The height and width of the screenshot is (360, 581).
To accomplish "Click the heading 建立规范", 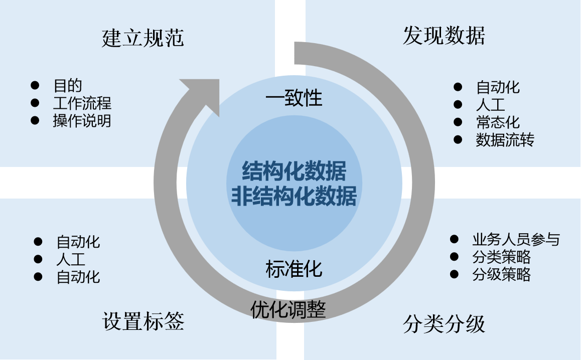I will [143, 38].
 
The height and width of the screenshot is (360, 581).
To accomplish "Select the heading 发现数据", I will [444, 36].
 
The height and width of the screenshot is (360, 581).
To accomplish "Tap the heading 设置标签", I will [143, 321].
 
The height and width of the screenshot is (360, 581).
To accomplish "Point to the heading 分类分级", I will [444, 324].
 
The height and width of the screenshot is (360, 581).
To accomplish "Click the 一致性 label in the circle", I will [294, 98].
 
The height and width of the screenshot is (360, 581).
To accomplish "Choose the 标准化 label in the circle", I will [294, 269].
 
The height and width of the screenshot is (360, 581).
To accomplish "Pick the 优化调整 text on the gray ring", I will [288, 309].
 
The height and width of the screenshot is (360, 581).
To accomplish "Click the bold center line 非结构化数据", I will [294, 197].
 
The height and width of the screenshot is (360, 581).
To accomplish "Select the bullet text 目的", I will [68, 86].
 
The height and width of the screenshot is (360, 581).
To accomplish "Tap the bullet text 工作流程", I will [82, 103].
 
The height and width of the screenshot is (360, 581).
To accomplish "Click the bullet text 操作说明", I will [82, 121].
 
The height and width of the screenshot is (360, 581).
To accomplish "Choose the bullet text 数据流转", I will [505, 139].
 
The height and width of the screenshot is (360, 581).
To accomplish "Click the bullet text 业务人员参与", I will [516, 239].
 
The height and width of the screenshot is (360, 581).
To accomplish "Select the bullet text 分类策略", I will [501, 257].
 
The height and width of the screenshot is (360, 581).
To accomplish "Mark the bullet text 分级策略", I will [501, 274].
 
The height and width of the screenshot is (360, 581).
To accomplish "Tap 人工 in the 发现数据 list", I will [491, 104].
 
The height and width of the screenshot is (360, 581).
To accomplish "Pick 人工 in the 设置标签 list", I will [71, 259].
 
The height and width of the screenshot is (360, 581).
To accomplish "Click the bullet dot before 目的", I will [35, 85].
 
